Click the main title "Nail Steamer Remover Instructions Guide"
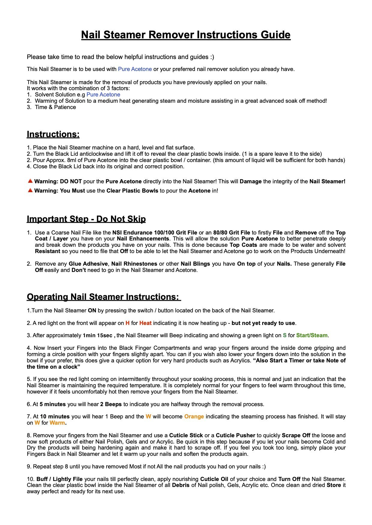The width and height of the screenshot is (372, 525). [x=186, y=35]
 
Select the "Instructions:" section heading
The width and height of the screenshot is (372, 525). [x=53, y=134]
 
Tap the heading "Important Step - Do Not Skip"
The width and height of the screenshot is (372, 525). [x=86, y=219]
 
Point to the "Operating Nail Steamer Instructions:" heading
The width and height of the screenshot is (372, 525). [x=103, y=297]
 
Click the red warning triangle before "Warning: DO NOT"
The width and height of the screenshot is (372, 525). [x=30, y=181]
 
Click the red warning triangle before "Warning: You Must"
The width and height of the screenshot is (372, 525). [x=30, y=190]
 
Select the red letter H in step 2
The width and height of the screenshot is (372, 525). [x=127, y=323]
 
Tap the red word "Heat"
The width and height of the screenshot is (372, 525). [x=145, y=323]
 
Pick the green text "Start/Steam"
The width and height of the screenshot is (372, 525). [x=312, y=335]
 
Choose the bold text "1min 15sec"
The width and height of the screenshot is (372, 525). [x=97, y=335]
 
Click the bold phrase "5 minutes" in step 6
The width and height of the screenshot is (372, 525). [x=52, y=404]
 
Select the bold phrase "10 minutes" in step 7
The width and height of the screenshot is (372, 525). [x=55, y=417]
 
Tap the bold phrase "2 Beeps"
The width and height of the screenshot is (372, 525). [x=111, y=404]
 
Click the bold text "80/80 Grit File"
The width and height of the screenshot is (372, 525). [x=231, y=233]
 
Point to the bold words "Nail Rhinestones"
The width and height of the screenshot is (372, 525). [x=134, y=264]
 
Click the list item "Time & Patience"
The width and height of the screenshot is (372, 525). [x=55, y=107]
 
